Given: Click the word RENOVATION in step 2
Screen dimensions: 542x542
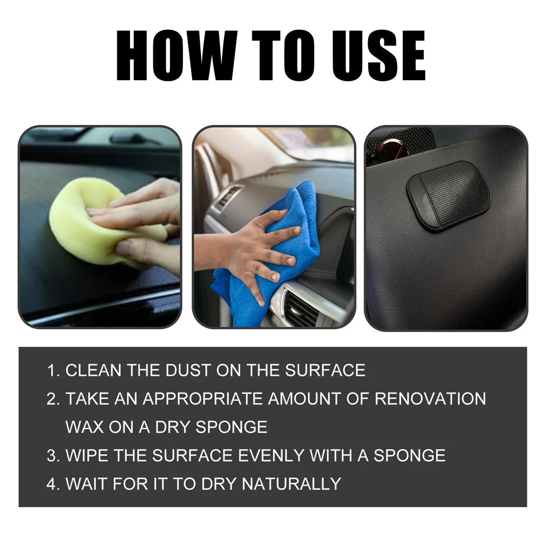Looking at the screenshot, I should (430, 399).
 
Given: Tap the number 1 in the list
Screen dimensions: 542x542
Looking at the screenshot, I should (51, 370).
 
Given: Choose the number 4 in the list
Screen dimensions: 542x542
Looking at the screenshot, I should (51, 483).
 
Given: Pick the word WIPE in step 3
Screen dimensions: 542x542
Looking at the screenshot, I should (86, 455).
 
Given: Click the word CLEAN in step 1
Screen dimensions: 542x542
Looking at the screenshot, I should (94, 370).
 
